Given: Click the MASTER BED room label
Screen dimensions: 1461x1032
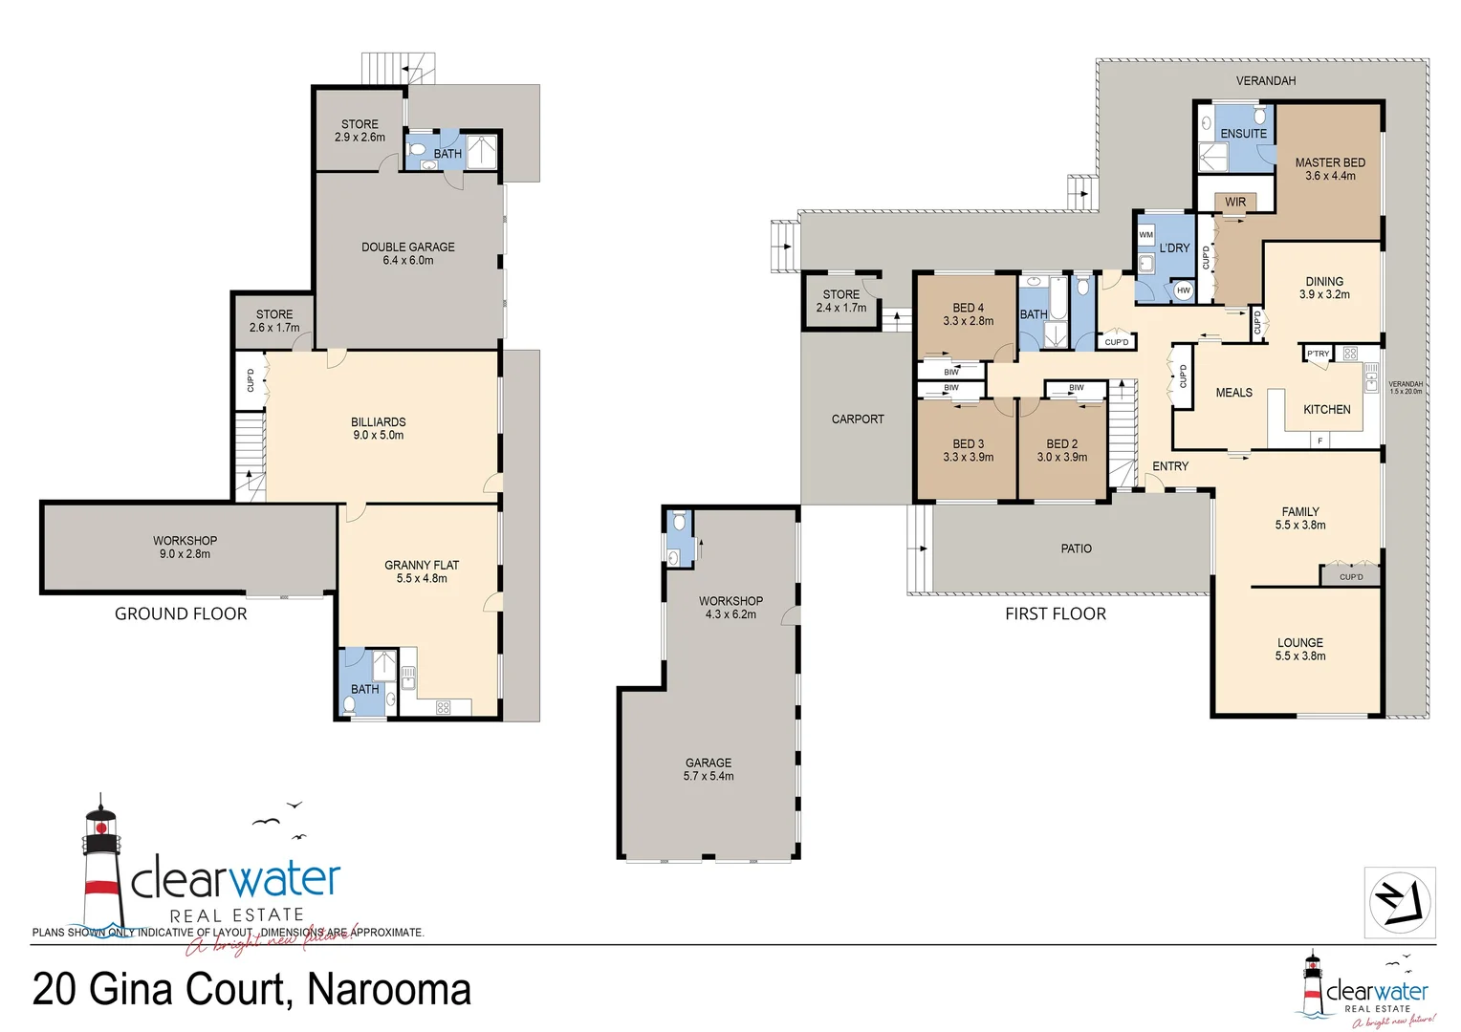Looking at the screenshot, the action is [x=1329, y=162].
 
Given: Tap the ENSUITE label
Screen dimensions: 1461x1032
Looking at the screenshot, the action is [x=1243, y=134].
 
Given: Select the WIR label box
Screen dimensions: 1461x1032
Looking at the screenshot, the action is [x=1235, y=202].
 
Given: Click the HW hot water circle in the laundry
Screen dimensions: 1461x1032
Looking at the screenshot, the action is [x=1183, y=290].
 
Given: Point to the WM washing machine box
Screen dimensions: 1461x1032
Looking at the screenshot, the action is [x=1145, y=235].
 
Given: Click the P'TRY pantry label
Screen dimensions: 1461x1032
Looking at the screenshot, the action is [x=1319, y=354].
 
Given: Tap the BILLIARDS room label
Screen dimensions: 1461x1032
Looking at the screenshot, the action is [x=378, y=421].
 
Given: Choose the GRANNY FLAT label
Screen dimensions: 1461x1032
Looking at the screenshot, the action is [x=422, y=565].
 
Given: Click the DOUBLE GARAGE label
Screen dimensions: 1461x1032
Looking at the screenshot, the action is [x=407, y=247].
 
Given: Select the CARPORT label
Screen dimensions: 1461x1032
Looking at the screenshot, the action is [x=858, y=419].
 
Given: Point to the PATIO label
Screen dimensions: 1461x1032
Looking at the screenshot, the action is [x=1076, y=548].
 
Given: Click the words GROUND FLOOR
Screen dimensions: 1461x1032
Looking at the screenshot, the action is [x=181, y=613].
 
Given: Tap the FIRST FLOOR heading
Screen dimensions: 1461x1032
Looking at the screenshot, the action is [x=1055, y=613].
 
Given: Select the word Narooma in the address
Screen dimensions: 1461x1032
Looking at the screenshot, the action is [x=389, y=989].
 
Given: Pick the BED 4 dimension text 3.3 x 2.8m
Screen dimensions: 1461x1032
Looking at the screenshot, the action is [x=968, y=321].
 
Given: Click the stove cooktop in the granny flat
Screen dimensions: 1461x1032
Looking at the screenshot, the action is [x=443, y=707].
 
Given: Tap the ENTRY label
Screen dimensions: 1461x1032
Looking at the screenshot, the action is [x=1169, y=466].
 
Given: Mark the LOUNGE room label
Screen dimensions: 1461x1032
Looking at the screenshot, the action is [x=1299, y=642].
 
